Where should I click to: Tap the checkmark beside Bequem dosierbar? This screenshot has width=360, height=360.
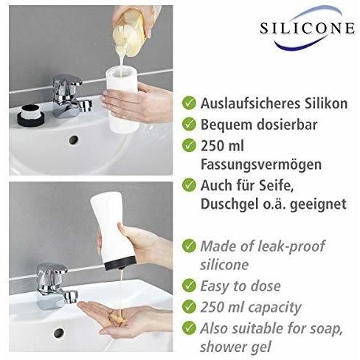[190, 125]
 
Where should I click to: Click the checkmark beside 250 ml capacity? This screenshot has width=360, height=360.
[190, 307]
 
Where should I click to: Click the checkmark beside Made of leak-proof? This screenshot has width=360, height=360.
[190, 246]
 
